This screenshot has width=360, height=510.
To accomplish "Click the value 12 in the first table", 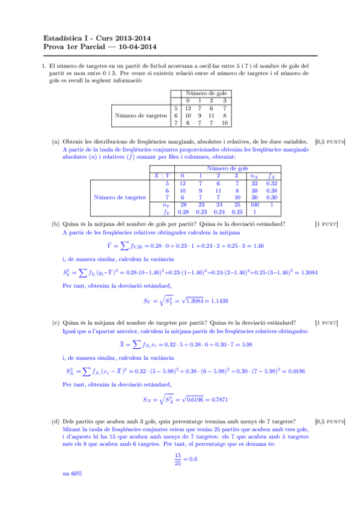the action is click(x=189, y=108).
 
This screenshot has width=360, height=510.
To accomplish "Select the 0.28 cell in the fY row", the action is click(x=184, y=212).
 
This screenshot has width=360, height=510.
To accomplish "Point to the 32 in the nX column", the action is click(x=254, y=182).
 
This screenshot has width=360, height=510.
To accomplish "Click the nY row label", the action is click(x=167, y=204).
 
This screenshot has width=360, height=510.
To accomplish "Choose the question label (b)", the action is click(x=56, y=224).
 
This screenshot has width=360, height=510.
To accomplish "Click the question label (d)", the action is click(x=56, y=422).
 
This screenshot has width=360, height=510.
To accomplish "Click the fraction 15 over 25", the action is click(x=177, y=459).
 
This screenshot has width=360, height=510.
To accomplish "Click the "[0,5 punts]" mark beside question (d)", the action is click(x=329, y=422).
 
